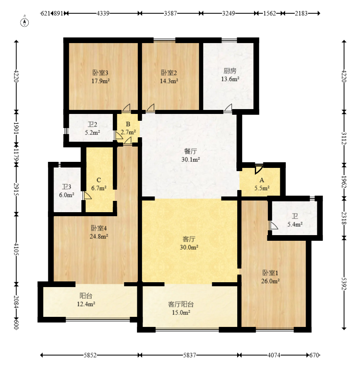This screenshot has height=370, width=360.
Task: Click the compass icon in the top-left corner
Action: coord(25,22)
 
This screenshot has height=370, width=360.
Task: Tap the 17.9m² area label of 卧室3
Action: coord(101,81)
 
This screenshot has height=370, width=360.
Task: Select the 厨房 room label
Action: coord(230,71)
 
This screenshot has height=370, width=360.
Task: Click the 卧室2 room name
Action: coord(169,73)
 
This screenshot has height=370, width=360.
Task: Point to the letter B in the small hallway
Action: coord(128,124)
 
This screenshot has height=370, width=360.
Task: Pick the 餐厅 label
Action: coord(190,151)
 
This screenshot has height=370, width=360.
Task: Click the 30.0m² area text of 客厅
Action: coord(189,247)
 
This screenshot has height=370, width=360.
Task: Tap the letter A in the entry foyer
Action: coord(262,180)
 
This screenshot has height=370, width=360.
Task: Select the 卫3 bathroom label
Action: coord(66,187)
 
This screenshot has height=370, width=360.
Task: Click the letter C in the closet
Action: coord(99,180)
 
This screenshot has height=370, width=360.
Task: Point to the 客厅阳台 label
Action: coord(181,304)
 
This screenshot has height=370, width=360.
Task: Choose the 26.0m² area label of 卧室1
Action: coord(270,281)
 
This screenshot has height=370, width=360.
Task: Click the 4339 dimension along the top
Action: coord(103,13)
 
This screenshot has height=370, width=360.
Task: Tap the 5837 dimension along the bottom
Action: coord(190,355)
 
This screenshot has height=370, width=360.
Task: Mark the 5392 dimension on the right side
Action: coord(344,283)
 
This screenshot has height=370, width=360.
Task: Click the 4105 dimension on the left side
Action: coord(16,248)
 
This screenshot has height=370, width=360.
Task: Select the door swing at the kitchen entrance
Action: coord(228,107)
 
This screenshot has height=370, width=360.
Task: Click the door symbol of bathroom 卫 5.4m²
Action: coord(274,225)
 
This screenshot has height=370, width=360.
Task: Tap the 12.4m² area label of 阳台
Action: coord(86,304)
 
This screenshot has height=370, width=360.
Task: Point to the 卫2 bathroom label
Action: coord(92,124)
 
